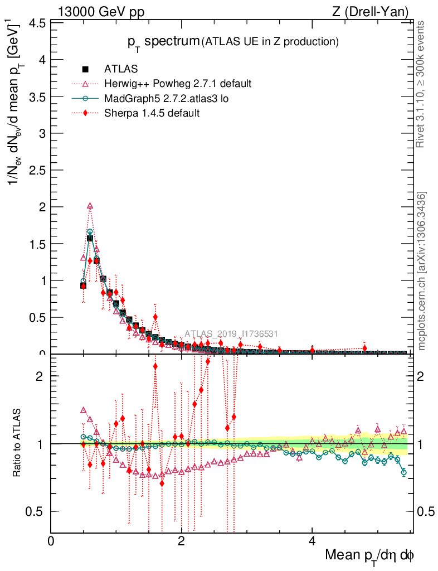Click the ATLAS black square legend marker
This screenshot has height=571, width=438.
(x=85, y=69)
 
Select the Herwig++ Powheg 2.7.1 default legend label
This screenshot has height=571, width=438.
(x=178, y=84)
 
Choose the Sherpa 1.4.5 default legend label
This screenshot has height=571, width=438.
(x=152, y=113)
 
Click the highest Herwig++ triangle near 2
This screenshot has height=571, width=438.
(x=90, y=206)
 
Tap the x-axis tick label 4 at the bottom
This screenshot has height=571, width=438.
(x=312, y=541)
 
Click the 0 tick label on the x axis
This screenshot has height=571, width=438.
(x=51, y=541)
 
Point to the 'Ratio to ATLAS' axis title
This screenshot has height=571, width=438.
(x=17, y=443)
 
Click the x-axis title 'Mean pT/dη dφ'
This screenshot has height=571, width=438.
(x=369, y=556)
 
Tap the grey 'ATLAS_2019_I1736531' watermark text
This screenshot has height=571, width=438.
(x=231, y=334)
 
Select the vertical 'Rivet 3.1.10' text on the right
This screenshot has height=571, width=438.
(x=421, y=84)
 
